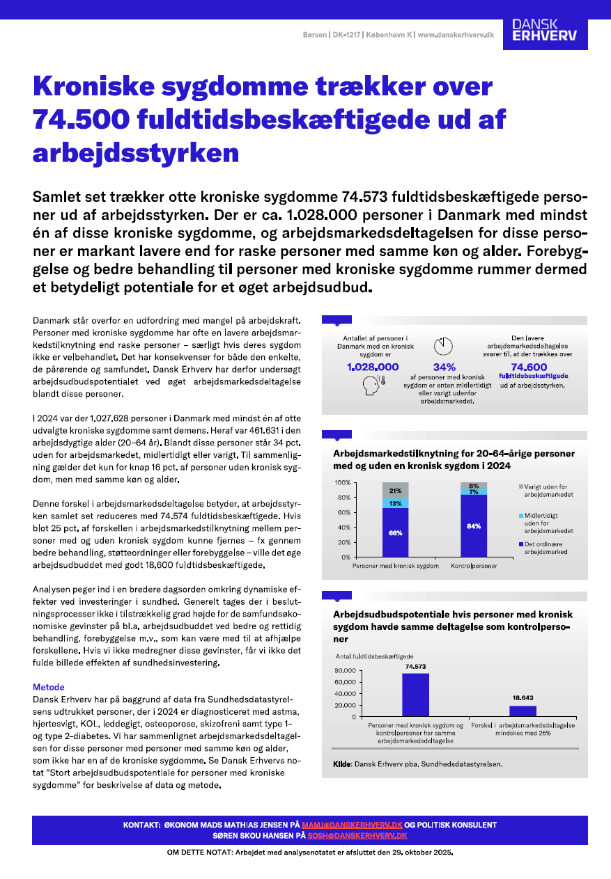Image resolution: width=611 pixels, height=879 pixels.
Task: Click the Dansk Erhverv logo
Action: coord(544,30)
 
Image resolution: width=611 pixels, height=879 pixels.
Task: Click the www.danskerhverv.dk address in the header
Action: coord(456,35)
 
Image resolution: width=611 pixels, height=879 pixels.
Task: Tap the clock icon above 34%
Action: coord(443,346)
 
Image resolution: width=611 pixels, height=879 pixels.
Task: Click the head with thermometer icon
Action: coord(373,386)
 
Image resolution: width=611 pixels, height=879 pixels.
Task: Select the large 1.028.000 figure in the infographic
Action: coord(373,367)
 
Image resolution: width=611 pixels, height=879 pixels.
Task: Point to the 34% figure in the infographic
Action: coord(444,367)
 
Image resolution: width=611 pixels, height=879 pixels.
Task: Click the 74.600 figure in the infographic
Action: coord(529,367)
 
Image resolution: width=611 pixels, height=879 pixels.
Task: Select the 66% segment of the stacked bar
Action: coord(395,532)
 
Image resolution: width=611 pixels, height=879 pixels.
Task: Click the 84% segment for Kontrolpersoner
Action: coord(474,525)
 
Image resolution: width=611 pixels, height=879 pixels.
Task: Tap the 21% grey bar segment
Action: coord(395,490)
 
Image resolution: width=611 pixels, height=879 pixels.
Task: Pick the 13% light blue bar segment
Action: coord(395,502)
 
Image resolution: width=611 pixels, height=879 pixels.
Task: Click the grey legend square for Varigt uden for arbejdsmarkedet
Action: coord(520,486)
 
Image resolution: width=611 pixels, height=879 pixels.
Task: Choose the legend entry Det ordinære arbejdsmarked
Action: coord(546,546)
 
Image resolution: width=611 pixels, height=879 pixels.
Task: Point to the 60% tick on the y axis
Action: coord(343,512)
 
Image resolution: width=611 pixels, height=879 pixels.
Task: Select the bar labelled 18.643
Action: coord(523,711)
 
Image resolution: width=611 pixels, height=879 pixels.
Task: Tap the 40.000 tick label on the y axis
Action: coord(346,693)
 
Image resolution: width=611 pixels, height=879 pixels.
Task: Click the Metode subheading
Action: coord(49,687)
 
